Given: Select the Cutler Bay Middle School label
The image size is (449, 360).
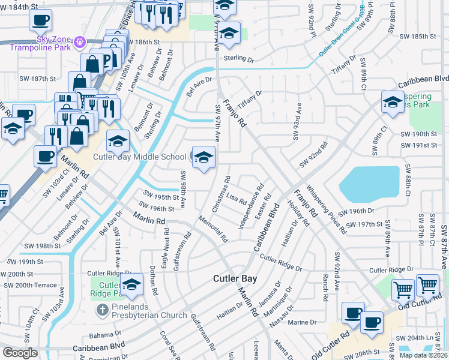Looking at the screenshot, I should click(x=139, y=157).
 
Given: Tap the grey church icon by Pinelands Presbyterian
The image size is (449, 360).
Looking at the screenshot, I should click(x=102, y=311).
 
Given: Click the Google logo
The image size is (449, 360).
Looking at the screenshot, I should click(x=20, y=352).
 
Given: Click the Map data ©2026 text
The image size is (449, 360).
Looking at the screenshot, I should click(x=423, y=355).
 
